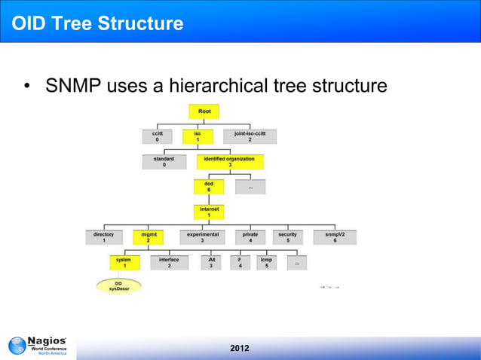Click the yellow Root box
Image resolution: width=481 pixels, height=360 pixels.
[204, 111]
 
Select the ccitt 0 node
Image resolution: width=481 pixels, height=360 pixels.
[157, 136]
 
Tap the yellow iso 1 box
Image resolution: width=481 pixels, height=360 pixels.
[198, 136]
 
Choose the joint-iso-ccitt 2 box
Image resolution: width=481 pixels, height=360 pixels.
[250, 136]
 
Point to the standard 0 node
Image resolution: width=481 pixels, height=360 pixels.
[164, 162]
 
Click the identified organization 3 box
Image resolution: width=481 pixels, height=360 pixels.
[231, 162]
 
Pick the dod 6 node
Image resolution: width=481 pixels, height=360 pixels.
[209, 186]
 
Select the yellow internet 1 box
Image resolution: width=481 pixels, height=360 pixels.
[209, 211]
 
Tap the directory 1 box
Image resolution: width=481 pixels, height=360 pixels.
[103, 237]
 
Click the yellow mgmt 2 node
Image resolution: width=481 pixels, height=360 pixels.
[149, 237]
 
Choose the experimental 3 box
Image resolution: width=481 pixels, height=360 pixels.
[202, 237]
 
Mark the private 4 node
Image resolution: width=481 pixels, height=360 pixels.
[250, 237]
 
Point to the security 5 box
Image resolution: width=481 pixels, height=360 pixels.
[287, 237]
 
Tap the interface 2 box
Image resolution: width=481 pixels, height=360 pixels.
[169, 262]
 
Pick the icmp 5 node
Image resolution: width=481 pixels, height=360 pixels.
[266, 262]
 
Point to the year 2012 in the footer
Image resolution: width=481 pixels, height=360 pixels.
[240, 348]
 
